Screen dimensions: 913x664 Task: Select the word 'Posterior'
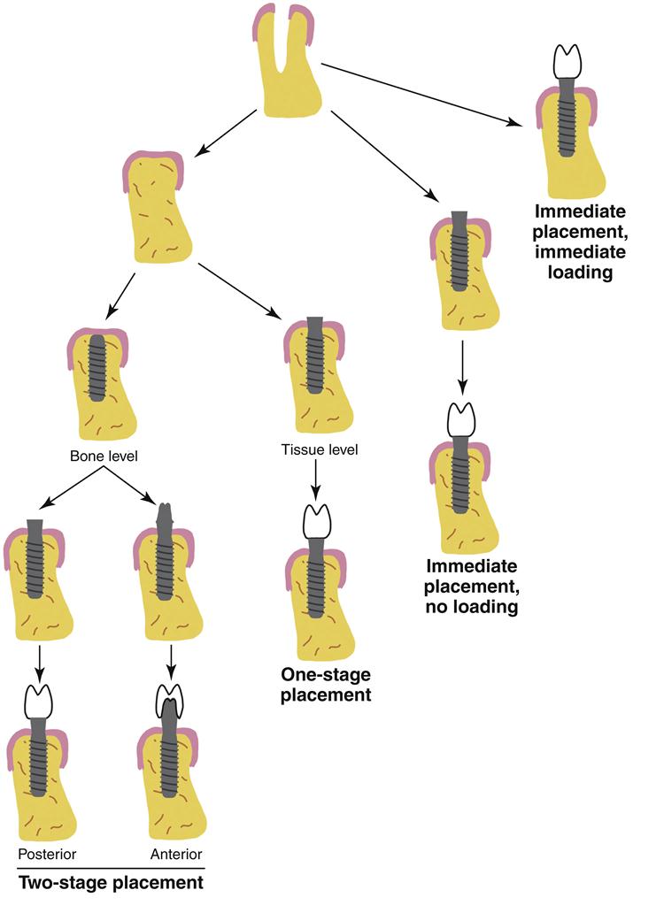(46, 854)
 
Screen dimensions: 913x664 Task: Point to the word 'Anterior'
(176, 854)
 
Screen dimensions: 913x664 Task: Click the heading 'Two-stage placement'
(111, 882)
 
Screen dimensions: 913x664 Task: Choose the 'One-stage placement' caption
(325, 685)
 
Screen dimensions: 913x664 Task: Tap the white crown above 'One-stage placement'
(317, 522)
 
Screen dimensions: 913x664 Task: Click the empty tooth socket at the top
(286, 62)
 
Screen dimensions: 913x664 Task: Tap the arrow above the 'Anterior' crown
(169, 660)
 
